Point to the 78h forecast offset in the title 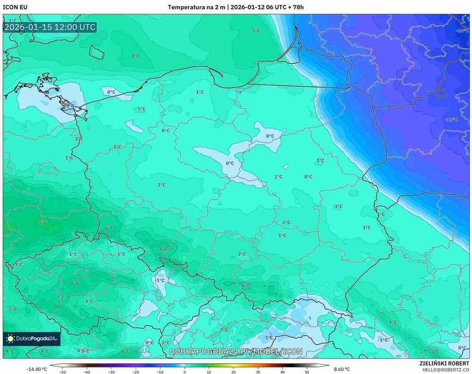(x=296, y=7)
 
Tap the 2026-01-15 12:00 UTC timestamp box (x=50, y=27)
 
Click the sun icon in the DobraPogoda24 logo (x=10, y=338)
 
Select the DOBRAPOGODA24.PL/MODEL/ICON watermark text (x=236, y=351)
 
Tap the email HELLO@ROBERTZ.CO (x=446, y=370)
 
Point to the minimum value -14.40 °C (x=36, y=369)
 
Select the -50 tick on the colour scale (x=62, y=372)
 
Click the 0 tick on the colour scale (x=185, y=372)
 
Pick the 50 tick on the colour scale (x=307, y=372)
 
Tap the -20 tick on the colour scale (x=135, y=372)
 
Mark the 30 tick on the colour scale (x=258, y=372)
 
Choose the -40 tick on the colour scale (x=86, y=372)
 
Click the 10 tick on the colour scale (x=209, y=372)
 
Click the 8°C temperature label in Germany (x=42, y=222)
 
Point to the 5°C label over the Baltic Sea (x=256, y=31)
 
